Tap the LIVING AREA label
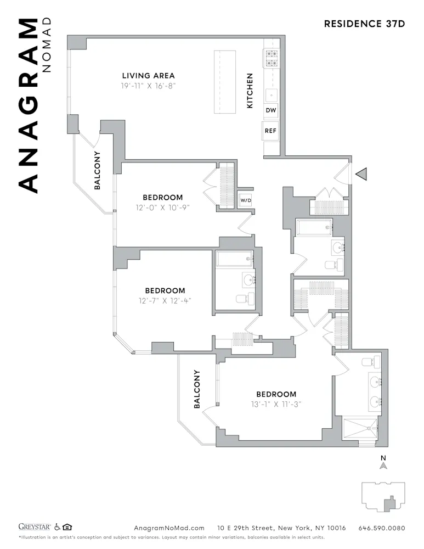pos(148,76)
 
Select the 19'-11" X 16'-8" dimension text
pos(148,86)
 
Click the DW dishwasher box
pos(270,110)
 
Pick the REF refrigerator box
pos(270,131)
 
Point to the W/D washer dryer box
pos(245,200)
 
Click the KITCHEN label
pos(250,91)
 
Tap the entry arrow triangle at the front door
pos(361,174)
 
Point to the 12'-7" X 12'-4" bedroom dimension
pos(165,300)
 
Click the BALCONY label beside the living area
pos(97,170)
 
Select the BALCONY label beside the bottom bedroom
pos(197,389)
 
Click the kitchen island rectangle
pos(224,82)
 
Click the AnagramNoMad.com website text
pos(169,528)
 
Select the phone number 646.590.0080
pos(382,528)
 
